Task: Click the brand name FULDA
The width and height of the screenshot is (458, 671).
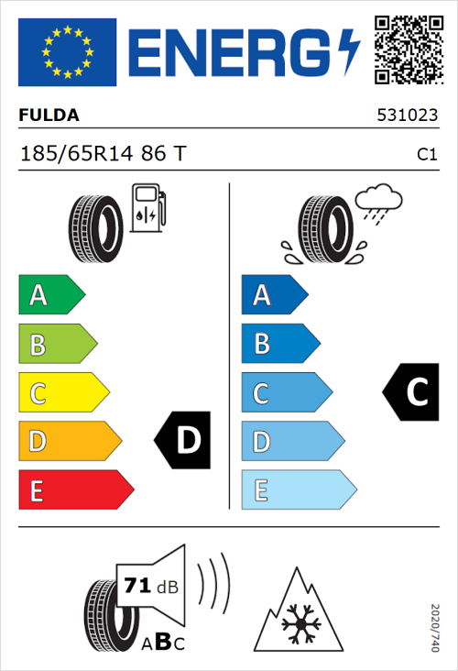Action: (49, 116)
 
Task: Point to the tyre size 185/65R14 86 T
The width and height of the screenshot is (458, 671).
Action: (103, 154)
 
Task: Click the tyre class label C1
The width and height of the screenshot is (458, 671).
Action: (426, 155)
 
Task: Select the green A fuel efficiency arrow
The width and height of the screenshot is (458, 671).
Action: (50, 295)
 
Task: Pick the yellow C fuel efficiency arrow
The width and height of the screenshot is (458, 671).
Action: (62, 392)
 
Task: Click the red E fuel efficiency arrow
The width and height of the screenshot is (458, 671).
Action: (75, 489)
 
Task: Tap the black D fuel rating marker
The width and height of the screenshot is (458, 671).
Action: (184, 441)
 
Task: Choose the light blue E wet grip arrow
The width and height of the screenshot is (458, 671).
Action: (298, 489)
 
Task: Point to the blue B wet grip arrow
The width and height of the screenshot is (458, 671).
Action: (279, 344)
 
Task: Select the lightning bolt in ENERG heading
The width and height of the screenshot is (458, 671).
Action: (349, 52)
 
